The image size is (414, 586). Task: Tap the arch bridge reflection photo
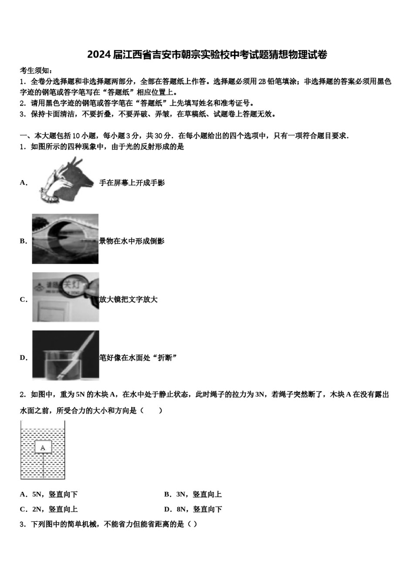coord(65,239)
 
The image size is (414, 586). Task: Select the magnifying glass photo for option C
coord(65,297)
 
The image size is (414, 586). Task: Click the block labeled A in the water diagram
coord(43,447)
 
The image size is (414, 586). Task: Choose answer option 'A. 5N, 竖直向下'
coord(49,494)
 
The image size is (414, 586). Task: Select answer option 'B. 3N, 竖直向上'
coord(193,494)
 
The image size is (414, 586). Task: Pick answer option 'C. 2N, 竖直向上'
coord(49,509)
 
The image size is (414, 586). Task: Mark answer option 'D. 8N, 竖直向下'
coord(193,509)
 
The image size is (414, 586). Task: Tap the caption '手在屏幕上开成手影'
coord(132,183)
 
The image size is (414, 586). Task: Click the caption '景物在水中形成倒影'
coord(132,241)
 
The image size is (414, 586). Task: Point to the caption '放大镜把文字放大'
coord(128,300)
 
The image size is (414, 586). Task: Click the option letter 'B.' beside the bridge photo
coord(24,241)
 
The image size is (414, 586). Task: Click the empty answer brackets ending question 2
coord(151,411)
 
